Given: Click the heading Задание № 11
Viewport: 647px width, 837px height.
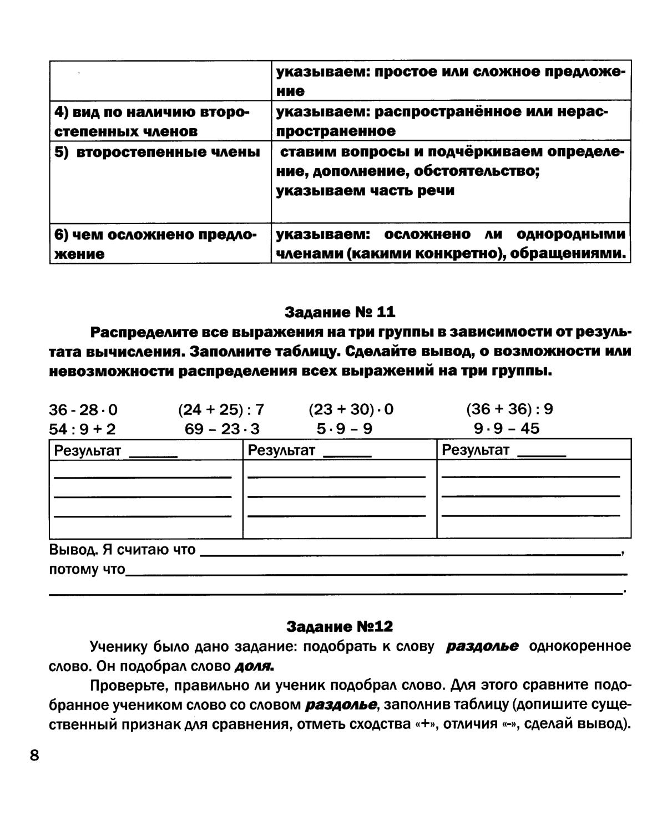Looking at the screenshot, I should (x=340, y=312).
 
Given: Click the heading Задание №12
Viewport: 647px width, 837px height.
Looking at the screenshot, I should (x=340, y=626).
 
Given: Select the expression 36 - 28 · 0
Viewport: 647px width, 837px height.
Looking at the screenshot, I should (x=83, y=410).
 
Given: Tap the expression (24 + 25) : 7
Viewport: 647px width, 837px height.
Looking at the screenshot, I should (x=221, y=410).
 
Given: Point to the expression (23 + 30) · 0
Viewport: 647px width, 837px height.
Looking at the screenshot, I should (x=351, y=410).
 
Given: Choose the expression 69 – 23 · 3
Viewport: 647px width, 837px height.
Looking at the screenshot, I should (x=222, y=429).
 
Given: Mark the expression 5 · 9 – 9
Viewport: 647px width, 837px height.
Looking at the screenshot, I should (x=344, y=429).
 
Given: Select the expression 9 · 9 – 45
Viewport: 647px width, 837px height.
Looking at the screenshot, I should (x=506, y=429).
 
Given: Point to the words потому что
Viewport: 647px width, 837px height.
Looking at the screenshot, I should (x=87, y=570).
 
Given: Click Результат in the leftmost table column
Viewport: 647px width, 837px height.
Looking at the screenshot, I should (x=87, y=450).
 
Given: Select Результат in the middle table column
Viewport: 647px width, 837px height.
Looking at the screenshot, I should (x=281, y=450).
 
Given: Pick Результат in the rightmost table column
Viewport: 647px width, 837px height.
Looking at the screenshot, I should (x=475, y=450).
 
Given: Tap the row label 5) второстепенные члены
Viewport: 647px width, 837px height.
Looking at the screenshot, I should (x=157, y=152).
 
